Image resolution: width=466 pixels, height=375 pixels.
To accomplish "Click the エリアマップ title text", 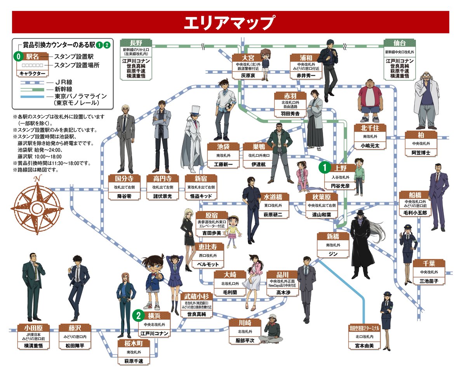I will [229, 22].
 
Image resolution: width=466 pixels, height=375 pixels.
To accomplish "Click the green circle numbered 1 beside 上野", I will [324, 168].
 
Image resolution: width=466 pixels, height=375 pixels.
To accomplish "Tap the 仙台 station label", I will [399, 43].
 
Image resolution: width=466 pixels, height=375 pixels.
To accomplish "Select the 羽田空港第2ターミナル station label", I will [364, 328].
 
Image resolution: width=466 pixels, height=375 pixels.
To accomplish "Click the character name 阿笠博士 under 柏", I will [421, 153].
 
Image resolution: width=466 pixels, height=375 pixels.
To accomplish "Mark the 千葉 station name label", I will [429, 264].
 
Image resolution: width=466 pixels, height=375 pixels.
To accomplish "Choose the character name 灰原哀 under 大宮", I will [249, 75].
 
